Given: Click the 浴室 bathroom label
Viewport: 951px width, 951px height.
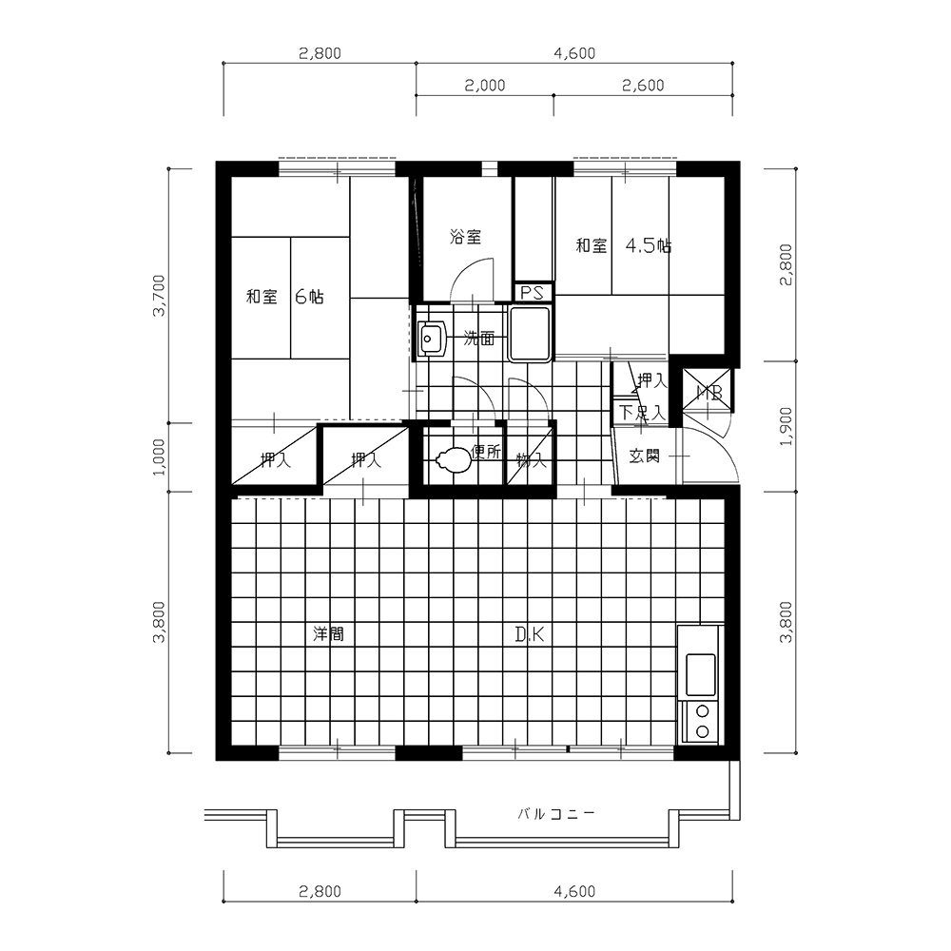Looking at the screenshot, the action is [x=465, y=237].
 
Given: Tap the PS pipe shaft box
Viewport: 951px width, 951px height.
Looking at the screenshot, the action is [x=534, y=293].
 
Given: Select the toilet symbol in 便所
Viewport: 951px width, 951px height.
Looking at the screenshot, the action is [x=453, y=459].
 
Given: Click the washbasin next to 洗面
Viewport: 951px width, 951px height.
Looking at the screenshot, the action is [x=433, y=339].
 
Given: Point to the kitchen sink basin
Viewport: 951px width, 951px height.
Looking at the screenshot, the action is [x=700, y=674].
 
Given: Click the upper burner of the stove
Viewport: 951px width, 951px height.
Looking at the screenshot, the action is [x=703, y=711].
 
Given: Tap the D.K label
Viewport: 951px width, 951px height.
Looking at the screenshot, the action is [x=530, y=634].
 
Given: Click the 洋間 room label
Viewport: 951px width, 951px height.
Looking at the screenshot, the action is [x=328, y=634].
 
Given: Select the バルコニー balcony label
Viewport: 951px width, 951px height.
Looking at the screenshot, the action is [x=556, y=814].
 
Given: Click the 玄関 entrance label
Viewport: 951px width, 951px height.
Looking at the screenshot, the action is [x=644, y=456].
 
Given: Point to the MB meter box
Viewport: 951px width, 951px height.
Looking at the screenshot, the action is [x=708, y=393].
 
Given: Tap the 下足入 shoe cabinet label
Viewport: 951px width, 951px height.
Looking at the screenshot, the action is [x=642, y=414].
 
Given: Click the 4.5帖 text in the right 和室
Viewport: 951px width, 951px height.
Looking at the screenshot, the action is [x=649, y=245].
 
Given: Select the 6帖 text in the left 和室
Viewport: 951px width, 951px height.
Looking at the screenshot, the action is [x=309, y=297].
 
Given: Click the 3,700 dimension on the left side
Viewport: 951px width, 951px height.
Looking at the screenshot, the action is [x=159, y=296].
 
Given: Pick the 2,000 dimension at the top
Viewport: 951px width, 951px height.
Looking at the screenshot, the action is [x=485, y=86].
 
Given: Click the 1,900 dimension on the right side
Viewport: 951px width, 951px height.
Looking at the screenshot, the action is [x=786, y=426].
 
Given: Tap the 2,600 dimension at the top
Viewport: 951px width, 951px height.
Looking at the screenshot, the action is [x=643, y=86].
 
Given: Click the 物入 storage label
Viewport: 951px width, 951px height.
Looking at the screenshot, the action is [x=532, y=460].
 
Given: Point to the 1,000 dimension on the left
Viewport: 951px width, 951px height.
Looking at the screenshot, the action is [x=159, y=457].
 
